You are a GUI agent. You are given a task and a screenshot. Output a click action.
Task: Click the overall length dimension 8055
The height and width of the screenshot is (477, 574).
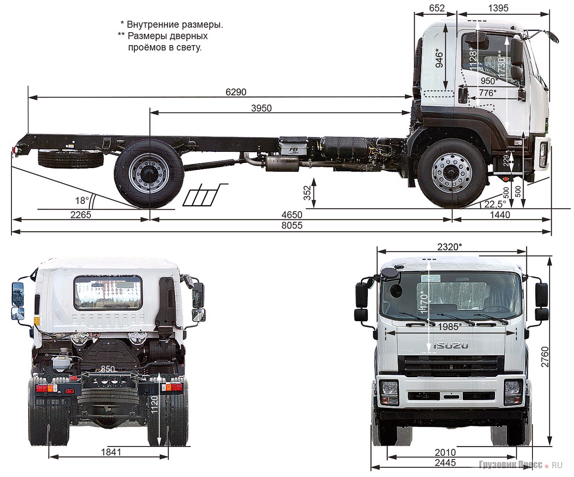coord(292,225)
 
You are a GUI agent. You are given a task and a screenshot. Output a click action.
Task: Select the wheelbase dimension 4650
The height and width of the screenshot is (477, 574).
coord(292,215)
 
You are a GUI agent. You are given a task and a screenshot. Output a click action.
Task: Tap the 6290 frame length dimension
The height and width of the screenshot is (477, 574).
coord(236,92)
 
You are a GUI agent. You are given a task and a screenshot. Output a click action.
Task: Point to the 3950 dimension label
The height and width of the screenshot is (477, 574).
coord(261,109)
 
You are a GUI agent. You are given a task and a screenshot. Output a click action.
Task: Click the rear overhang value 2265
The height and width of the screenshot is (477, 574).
coord(80,215)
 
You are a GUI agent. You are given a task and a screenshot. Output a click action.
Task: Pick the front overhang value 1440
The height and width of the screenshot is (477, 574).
coord(500,215)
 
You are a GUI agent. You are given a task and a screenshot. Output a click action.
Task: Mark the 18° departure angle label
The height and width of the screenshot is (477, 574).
coord(81,201)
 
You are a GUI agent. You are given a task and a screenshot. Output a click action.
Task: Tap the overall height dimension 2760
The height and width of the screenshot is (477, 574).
coord(545,357)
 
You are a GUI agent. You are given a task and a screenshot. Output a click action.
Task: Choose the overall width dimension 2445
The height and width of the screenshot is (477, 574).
coord(445,462)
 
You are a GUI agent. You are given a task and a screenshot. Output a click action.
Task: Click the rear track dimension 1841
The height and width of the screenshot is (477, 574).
coord(111,452)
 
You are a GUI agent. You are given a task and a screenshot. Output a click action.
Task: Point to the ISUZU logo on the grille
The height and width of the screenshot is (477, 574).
coord(450,346)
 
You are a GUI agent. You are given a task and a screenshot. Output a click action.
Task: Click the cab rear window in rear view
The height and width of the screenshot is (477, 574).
coord(108,293)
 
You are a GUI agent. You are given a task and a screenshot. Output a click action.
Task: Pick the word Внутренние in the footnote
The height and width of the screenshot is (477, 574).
coord(153,25)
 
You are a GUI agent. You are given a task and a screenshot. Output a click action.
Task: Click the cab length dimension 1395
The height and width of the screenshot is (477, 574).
coord(498,8)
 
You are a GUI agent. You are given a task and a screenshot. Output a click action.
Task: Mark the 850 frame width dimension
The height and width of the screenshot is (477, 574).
coord(107,369)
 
